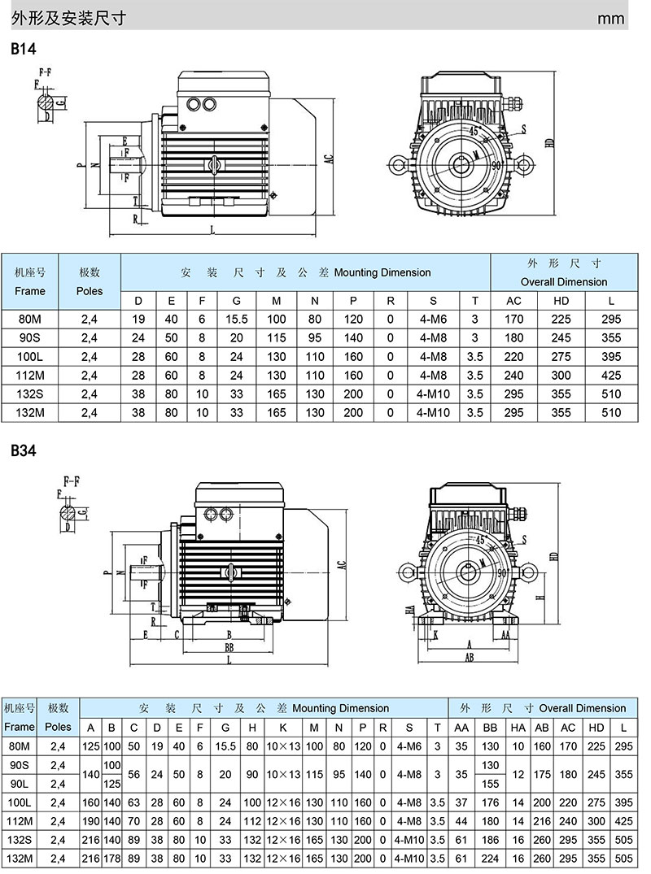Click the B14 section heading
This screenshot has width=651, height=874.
pyautogui.click(x=24, y=49)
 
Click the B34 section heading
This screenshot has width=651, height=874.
pyautogui.click(x=24, y=450)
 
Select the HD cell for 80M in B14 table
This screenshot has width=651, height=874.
pyautogui.click(x=561, y=320)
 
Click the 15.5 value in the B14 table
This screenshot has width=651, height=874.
pyautogui.click(x=236, y=320)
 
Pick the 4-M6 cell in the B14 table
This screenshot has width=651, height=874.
pyautogui.click(x=433, y=320)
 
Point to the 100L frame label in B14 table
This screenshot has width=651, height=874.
pyautogui.click(x=30, y=357)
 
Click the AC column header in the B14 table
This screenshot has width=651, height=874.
pyautogui.click(x=514, y=301)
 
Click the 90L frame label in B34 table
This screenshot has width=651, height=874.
pyautogui.click(x=20, y=784)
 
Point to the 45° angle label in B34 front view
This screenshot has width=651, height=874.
pyautogui.click(x=480, y=539)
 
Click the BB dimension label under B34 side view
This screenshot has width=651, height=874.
pyautogui.click(x=229, y=647)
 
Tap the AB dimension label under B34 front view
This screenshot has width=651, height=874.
pyautogui.click(x=469, y=659)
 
